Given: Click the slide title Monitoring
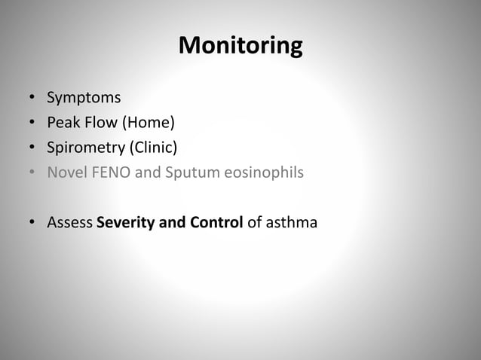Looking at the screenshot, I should (240, 47).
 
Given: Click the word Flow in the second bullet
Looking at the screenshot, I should (99, 123).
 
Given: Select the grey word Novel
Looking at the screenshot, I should (66, 172).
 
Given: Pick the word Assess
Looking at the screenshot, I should (69, 223).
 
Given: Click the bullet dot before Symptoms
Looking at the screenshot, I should (32, 99).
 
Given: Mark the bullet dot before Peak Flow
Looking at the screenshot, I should (32, 124).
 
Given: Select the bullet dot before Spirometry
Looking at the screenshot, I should (32, 148).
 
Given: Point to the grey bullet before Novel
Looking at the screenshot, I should (32, 173).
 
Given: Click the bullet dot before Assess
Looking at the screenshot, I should (32, 224).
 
